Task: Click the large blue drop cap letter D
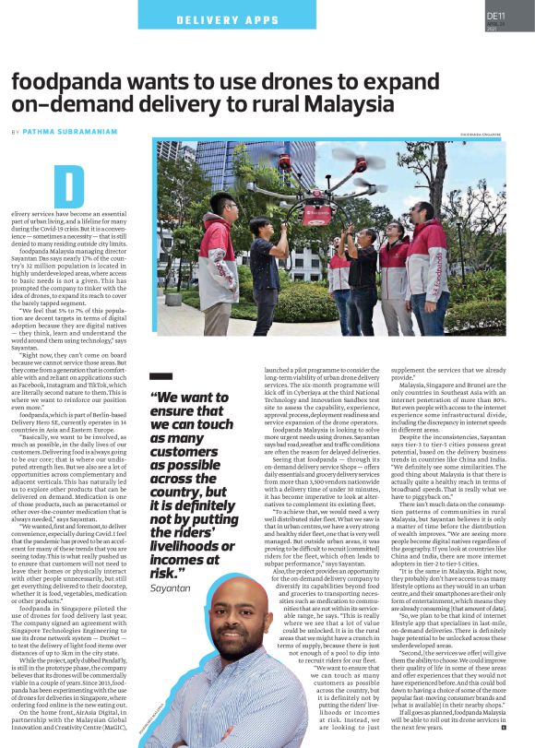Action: click(x=68, y=187)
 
